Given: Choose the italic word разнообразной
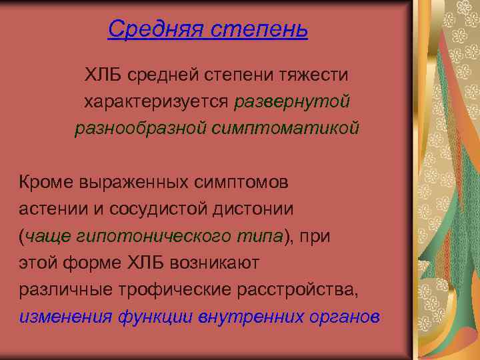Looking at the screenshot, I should pos(141,127).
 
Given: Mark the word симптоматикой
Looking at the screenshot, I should pos(286,127).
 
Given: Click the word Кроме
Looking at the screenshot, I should pos(47,182).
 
